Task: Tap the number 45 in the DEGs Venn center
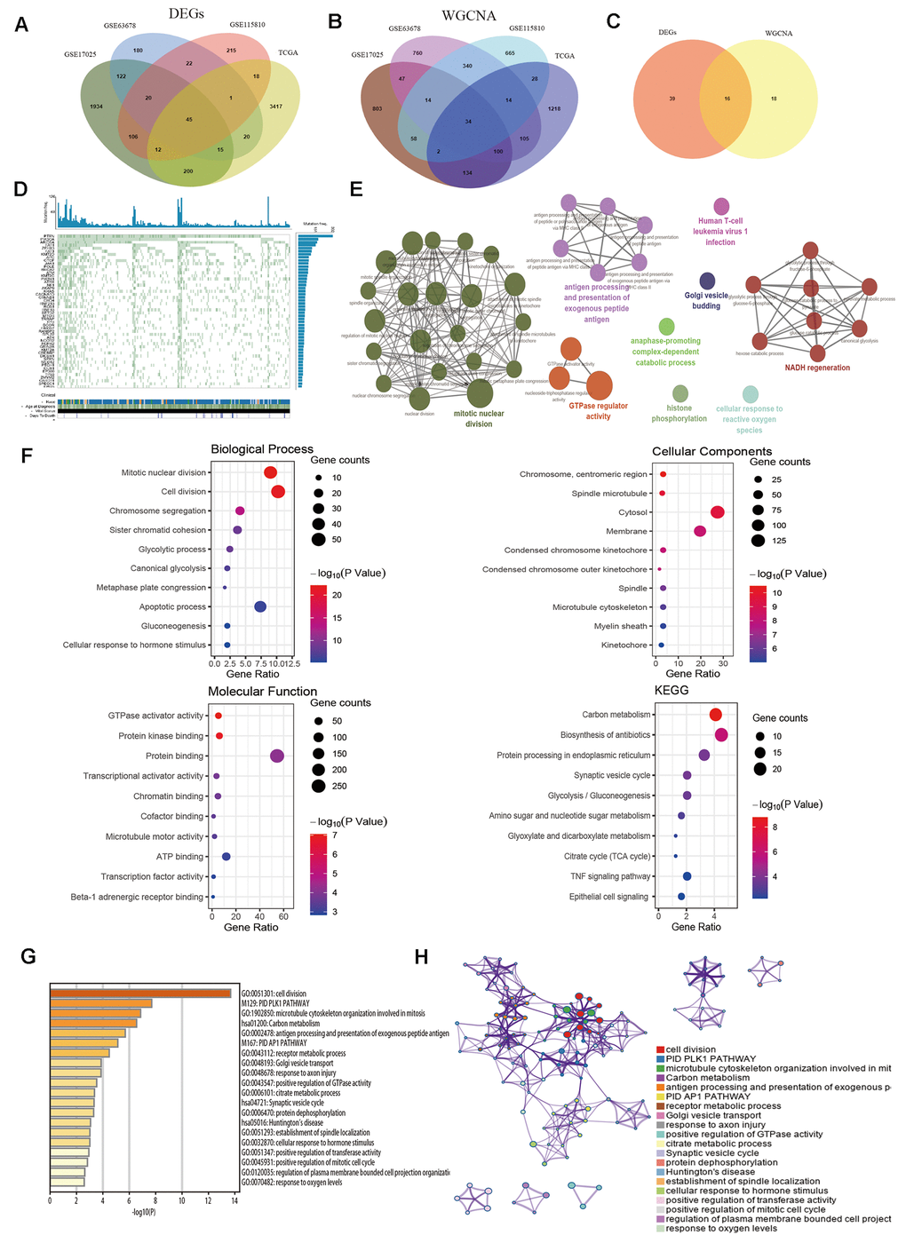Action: [188, 119]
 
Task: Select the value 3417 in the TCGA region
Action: [276, 107]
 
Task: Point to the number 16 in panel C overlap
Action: [727, 99]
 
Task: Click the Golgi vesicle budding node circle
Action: [707, 281]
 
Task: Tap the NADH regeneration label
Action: [817, 368]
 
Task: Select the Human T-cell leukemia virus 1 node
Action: [721, 207]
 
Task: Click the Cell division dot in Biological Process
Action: [277, 492]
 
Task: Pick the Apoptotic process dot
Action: [260, 606]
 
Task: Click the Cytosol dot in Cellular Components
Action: [718, 512]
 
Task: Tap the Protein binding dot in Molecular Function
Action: [276, 756]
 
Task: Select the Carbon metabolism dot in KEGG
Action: [716, 715]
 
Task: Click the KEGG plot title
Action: [672, 690]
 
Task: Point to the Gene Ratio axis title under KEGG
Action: [695, 927]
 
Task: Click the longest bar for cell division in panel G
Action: [140, 994]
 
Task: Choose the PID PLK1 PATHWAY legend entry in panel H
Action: [711, 1059]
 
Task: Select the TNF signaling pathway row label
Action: [609, 876]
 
